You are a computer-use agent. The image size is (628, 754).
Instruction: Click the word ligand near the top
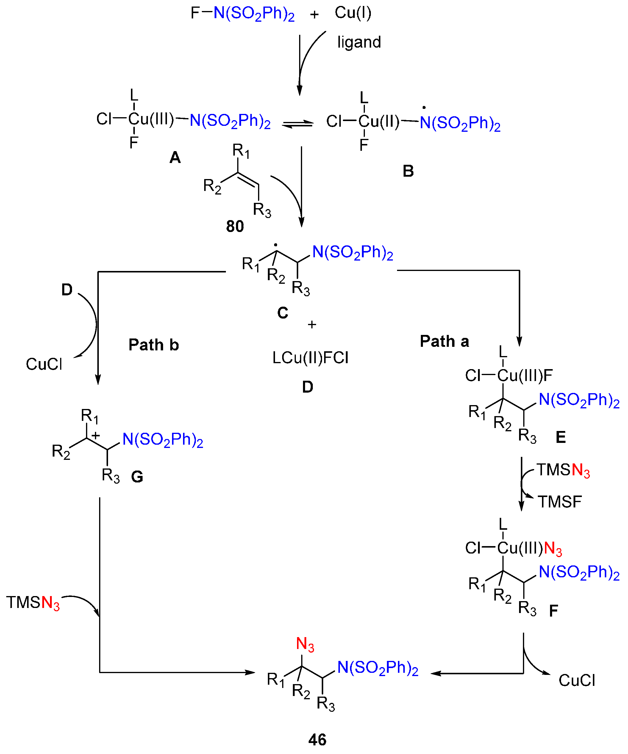coord(359,42)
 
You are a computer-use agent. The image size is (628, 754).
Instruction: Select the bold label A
coord(175,158)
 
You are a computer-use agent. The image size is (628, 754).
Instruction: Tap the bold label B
coord(408,171)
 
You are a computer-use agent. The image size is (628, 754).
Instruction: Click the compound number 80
coord(235,226)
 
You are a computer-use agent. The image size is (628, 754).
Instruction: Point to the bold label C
coord(282,313)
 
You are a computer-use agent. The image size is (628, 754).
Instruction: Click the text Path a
coord(444,341)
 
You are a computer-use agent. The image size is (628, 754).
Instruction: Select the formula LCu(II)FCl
coord(310,358)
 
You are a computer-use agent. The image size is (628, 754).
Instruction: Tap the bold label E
coord(560,437)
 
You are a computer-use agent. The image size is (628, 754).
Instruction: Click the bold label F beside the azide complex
coord(553,610)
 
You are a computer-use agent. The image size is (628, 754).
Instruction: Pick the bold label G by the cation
coord(137,477)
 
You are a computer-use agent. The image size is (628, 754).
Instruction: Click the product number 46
coord(317,740)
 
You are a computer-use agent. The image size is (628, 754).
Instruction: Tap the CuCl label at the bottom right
coord(577,681)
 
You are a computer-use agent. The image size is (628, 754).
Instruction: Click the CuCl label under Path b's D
coord(44,364)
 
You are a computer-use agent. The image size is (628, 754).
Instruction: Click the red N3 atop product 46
coord(305,644)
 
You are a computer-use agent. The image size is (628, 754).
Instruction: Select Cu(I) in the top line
coord(353,13)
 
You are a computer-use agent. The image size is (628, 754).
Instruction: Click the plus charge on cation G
coord(95,435)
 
